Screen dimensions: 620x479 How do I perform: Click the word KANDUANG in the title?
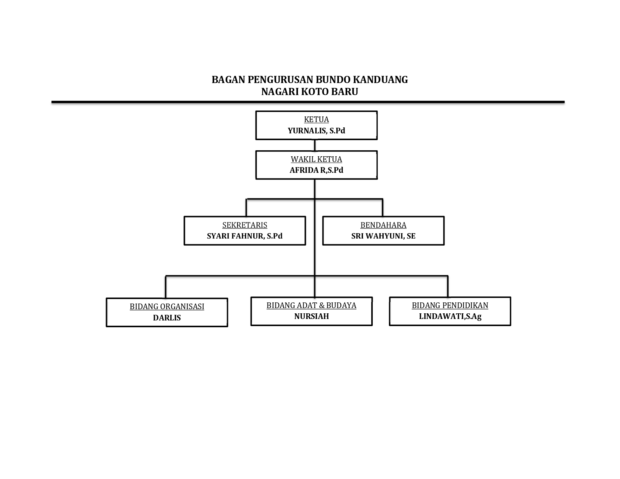[380, 80]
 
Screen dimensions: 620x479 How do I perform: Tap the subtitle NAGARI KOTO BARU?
[310, 92]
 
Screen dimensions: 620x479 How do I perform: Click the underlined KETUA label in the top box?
[316, 119]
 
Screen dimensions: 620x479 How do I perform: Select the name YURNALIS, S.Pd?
[316, 131]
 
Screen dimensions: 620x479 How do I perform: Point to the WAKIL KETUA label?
[316, 159]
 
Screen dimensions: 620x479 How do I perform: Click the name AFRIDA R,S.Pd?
[316, 170]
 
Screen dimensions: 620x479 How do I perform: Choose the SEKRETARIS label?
[245, 225]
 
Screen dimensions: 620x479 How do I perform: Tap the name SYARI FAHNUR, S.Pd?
[245, 236]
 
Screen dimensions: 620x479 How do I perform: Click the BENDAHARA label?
[384, 225]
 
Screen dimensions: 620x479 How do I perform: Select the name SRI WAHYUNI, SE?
[384, 236]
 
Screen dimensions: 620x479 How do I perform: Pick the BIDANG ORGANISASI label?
[167, 307]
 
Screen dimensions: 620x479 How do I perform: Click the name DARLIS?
[167, 317]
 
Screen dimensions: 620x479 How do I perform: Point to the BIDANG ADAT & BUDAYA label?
[312, 305]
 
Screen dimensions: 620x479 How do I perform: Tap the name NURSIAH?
[312, 316]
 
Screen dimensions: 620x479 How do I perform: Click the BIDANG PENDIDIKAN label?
[450, 305]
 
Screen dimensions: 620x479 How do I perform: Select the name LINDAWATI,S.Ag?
[450, 316]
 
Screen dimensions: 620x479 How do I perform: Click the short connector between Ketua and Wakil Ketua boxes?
[315, 145]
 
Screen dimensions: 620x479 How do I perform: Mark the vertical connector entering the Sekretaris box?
[246, 208]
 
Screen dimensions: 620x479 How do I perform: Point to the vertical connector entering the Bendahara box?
[383, 208]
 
